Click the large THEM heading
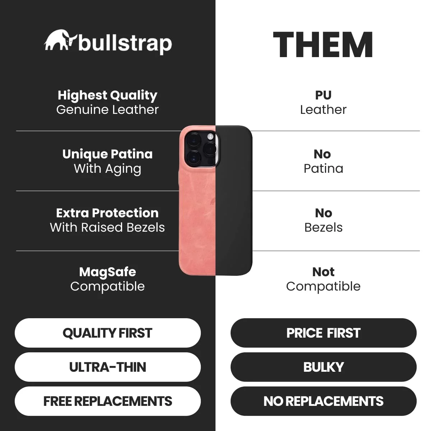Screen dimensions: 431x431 [323, 45]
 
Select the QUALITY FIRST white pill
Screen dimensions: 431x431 [108, 333]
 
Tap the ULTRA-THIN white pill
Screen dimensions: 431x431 [108, 367]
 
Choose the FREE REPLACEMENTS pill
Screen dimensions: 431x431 [108, 401]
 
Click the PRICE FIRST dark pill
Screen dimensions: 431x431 [323, 333]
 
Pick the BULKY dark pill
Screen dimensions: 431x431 [323, 367]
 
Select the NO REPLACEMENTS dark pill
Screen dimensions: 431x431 [323, 401]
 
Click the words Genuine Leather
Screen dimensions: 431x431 [108, 110]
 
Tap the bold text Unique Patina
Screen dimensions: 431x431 [108, 154]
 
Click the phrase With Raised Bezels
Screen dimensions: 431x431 [107, 227]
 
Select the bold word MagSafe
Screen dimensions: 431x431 [108, 272]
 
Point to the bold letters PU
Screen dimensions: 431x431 [323, 95]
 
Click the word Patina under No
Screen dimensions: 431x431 [323, 169]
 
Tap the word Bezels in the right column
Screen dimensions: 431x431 [323, 227]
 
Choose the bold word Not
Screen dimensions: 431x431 [323, 272]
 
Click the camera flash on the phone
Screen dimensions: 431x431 [210, 136]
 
